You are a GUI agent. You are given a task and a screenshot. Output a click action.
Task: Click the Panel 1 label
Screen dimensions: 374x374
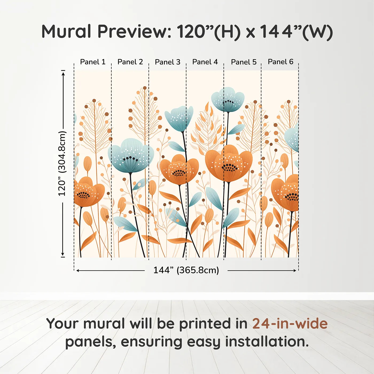pos(93,62)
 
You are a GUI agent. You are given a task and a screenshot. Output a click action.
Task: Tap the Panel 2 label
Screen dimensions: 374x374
pos(130,62)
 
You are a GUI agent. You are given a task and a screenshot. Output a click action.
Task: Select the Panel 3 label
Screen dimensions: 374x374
pos(167,62)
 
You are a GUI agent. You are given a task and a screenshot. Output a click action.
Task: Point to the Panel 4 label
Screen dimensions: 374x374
pos(205,62)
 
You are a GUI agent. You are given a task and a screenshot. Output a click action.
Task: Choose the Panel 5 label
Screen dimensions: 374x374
pos(244,62)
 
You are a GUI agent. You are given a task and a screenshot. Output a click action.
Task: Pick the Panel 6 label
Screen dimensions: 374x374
pos(280,62)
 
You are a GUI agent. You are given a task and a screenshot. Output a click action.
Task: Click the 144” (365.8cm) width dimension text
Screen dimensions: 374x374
pos(186,270)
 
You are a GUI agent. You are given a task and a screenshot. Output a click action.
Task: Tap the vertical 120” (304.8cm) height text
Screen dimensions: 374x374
pos(62,163)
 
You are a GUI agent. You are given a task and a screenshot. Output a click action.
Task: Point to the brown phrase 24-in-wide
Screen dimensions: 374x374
pos(290,324)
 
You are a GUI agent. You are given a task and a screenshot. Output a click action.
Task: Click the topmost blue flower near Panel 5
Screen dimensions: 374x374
pos(228,100)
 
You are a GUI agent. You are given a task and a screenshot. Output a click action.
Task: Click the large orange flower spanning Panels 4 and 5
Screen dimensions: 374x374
pos(229,163)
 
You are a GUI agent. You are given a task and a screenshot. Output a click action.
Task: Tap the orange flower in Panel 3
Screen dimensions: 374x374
pos(179,170)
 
